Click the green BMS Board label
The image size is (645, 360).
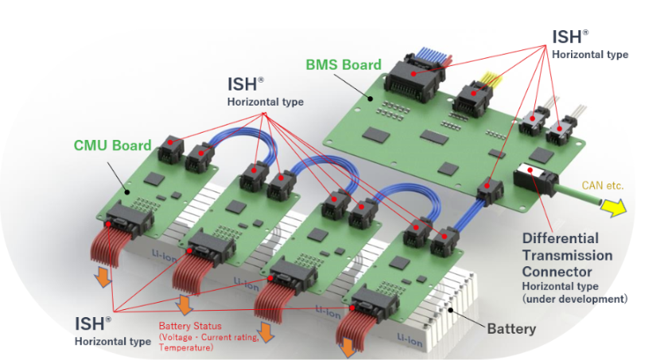pyautogui.click(x=344, y=64)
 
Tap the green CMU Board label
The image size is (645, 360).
pyautogui.click(x=112, y=145)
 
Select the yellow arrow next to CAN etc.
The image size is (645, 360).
pyautogui.click(x=613, y=207)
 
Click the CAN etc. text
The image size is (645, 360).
pyautogui.click(x=603, y=185)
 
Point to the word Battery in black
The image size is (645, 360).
pyautogui.click(x=511, y=329)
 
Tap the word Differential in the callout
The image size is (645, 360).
pyautogui.click(x=560, y=238)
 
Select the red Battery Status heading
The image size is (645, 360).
pyautogui.click(x=190, y=326)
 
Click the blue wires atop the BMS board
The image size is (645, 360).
pyautogui.click(x=432, y=55)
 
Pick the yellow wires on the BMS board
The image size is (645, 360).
pyautogui.click(x=491, y=79)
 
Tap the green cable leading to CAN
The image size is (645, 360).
pyautogui.click(x=578, y=195)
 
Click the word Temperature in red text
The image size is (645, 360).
pyautogui.click(x=186, y=347)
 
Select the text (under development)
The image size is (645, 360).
pyautogui.click(x=575, y=299)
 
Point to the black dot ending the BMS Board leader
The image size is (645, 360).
pyautogui.click(x=370, y=99)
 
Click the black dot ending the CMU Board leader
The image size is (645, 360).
pyautogui.click(x=127, y=192)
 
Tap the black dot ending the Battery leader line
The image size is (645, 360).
pyautogui.click(x=451, y=310)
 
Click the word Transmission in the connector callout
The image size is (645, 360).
pyautogui.click(x=567, y=255)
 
